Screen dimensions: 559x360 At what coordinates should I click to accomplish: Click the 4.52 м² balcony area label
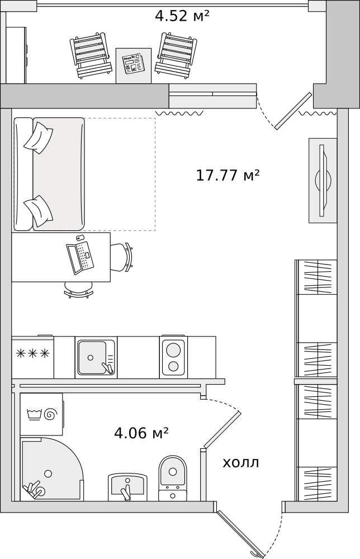(x=182, y=16)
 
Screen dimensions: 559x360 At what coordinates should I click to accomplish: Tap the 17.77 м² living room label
(x=228, y=176)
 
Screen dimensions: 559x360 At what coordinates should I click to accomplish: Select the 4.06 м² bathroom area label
(x=141, y=433)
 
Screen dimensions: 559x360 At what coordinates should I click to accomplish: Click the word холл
(x=241, y=463)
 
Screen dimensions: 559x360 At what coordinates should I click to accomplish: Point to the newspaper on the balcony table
(x=133, y=64)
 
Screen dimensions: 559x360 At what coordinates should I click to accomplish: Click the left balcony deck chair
(x=89, y=55)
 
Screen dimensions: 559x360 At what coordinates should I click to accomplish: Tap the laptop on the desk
(x=79, y=258)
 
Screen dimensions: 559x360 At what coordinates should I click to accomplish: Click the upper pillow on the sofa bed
(x=38, y=137)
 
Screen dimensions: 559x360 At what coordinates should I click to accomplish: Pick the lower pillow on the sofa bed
(x=39, y=210)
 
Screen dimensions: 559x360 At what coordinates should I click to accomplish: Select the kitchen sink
(x=95, y=357)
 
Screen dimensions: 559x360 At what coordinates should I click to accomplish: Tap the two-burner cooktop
(x=173, y=357)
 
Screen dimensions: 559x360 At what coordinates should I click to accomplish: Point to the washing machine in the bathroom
(x=41, y=414)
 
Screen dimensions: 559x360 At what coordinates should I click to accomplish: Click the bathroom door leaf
(x=222, y=429)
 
